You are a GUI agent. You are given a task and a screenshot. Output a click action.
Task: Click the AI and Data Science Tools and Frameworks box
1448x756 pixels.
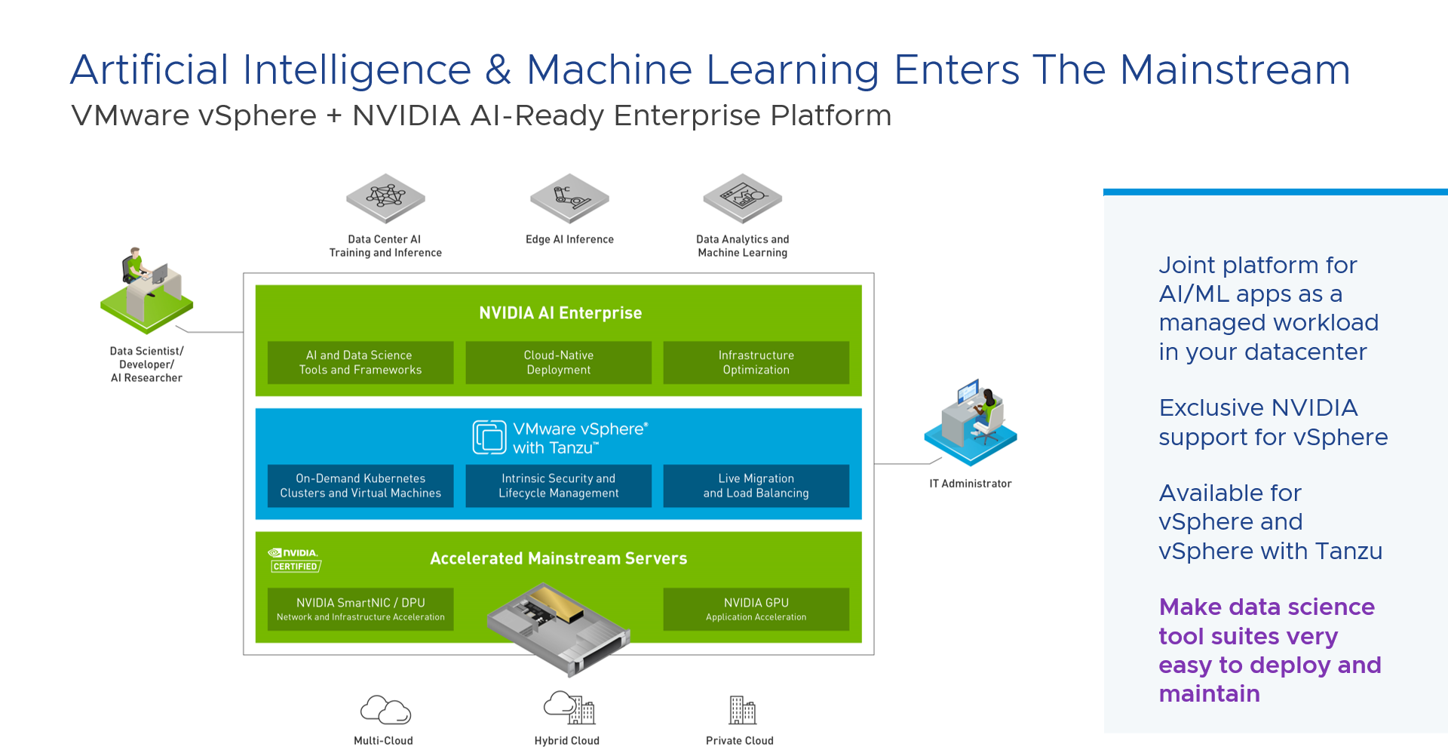pyautogui.click(x=360, y=363)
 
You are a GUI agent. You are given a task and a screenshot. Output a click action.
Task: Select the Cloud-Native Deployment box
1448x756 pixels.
pyautogui.click(x=558, y=363)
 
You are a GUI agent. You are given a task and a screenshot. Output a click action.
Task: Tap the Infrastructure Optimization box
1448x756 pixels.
pyautogui.click(x=756, y=363)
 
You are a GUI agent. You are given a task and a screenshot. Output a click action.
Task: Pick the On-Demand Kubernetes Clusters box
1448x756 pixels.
pyautogui.click(x=360, y=486)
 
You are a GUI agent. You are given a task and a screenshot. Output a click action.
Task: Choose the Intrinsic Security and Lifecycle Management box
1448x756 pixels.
pyautogui.click(x=558, y=486)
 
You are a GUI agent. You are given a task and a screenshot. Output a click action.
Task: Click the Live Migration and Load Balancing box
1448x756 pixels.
pyautogui.click(x=756, y=486)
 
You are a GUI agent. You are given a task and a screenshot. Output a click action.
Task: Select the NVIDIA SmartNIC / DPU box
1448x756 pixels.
pyautogui.click(x=360, y=609)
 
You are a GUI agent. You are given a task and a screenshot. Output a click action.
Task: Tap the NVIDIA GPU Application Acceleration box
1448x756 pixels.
pyautogui.click(x=756, y=609)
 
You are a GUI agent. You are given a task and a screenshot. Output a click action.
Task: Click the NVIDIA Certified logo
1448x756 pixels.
pyautogui.click(x=295, y=560)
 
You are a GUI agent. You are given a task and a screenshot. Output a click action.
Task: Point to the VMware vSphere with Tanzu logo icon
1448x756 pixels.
pyautogui.click(x=489, y=438)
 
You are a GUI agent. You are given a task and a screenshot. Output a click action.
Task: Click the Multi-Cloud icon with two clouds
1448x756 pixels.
pyautogui.click(x=385, y=710)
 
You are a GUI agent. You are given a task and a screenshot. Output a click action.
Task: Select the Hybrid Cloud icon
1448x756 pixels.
pyautogui.click(x=569, y=708)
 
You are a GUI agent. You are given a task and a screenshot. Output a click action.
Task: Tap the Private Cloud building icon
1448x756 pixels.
pyautogui.click(x=742, y=710)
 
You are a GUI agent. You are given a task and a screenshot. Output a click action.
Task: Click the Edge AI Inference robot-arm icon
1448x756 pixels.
pyautogui.click(x=569, y=198)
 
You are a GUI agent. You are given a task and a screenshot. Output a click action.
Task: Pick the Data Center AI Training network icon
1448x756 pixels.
pyautogui.click(x=385, y=198)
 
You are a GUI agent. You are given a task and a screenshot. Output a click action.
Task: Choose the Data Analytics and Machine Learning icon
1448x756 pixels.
pyautogui.click(x=742, y=198)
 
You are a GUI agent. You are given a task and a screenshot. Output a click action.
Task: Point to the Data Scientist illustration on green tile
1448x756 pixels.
pyautogui.click(x=147, y=290)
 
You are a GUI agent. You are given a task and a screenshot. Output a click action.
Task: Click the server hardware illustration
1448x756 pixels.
pyautogui.click(x=558, y=628)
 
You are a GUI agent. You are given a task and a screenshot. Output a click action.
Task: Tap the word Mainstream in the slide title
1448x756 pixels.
pyautogui.click(x=1235, y=70)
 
